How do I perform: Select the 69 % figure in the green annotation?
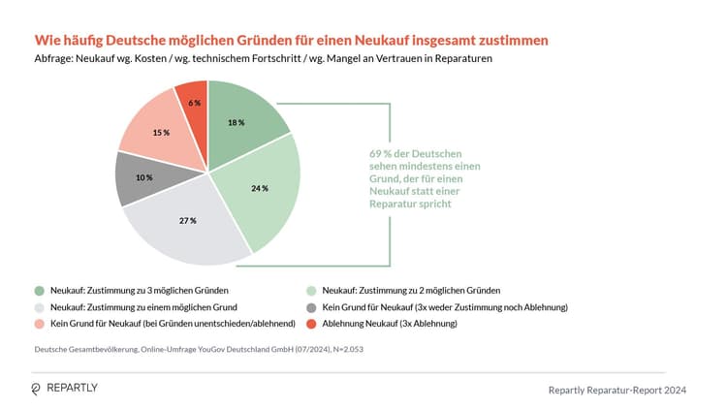point(381,155)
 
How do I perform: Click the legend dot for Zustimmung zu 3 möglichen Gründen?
point(39,290)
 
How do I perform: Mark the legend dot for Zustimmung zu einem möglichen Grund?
point(39,306)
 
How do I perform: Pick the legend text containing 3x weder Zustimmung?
point(445,306)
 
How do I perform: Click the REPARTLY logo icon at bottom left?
point(37,388)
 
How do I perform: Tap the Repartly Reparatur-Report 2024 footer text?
point(617,389)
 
